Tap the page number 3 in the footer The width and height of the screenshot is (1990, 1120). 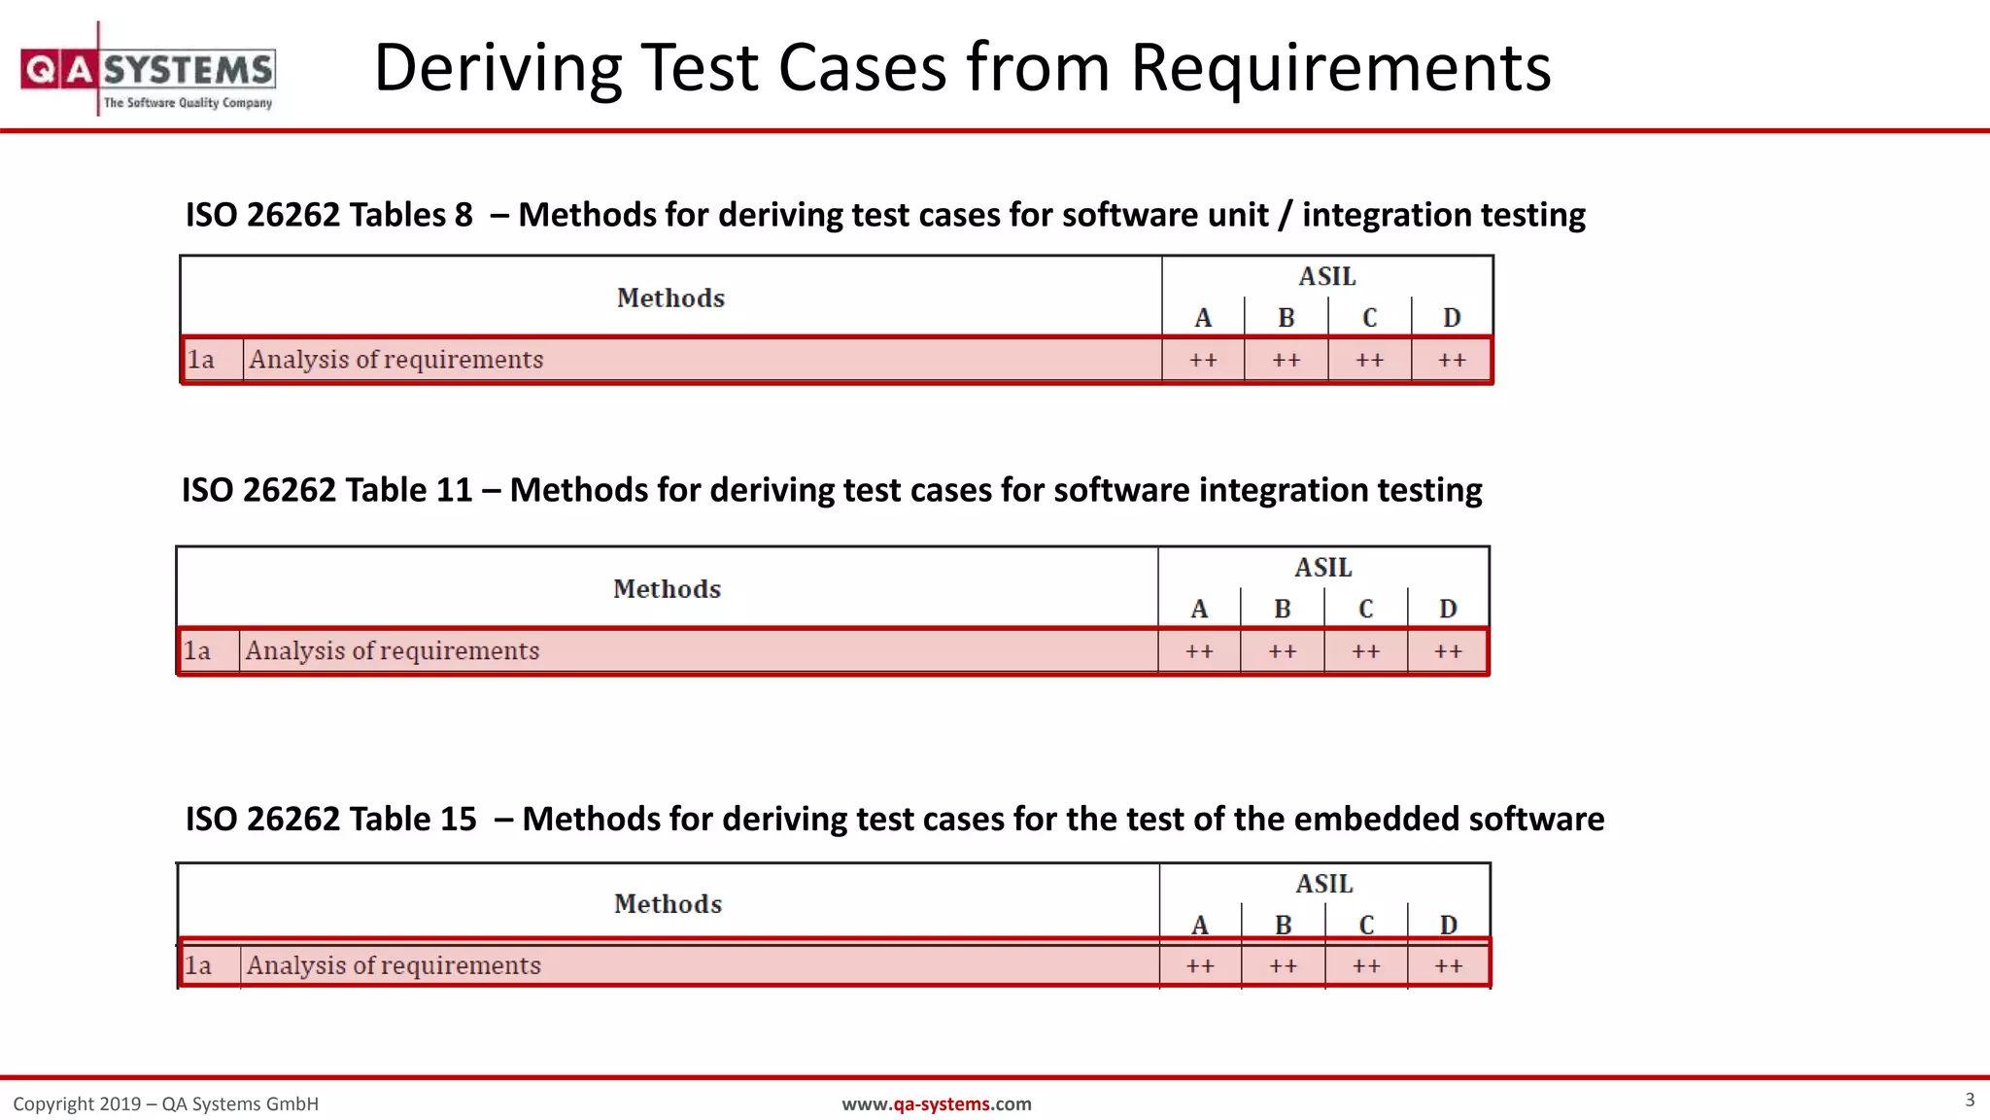[1970, 1100]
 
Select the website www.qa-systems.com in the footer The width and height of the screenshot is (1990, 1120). [936, 1103]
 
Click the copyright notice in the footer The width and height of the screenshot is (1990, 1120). [165, 1103]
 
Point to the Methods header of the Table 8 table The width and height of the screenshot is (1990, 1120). [670, 297]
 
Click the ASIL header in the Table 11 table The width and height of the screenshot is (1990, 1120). [1322, 567]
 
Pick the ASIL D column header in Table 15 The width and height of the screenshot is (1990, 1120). [1448, 925]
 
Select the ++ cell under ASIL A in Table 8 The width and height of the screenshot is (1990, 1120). [1203, 360]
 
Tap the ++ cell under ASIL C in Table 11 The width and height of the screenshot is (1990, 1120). [1365, 651]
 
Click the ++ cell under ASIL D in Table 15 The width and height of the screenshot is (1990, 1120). [1448, 965]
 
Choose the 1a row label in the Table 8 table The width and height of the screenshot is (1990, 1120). [201, 360]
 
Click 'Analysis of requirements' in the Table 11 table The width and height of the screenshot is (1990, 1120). [392, 650]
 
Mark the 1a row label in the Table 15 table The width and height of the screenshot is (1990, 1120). [198, 965]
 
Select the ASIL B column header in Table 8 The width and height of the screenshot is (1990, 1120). [1286, 318]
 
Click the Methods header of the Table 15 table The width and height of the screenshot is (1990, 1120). [668, 903]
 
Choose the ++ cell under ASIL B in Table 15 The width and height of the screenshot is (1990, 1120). [1283, 965]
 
